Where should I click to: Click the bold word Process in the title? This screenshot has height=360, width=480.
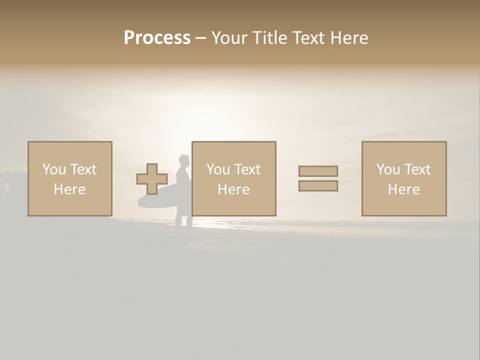click(157, 38)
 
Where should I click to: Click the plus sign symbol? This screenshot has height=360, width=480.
click(152, 179)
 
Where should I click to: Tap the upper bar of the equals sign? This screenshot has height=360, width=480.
click(318, 171)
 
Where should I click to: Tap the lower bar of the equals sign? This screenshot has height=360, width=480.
click(318, 186)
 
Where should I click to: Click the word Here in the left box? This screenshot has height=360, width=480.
click(69, 189)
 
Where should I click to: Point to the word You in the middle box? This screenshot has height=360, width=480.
click(217, 169)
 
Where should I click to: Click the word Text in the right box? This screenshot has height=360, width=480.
click(418, 169)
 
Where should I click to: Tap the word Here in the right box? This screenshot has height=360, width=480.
click(403, 189)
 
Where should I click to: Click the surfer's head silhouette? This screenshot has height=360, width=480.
click(184, 161)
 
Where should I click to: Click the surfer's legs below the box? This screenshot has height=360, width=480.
click(183, 225)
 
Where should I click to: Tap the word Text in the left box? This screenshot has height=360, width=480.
click(84, 169)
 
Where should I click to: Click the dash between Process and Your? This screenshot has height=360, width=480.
click(200, 38)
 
